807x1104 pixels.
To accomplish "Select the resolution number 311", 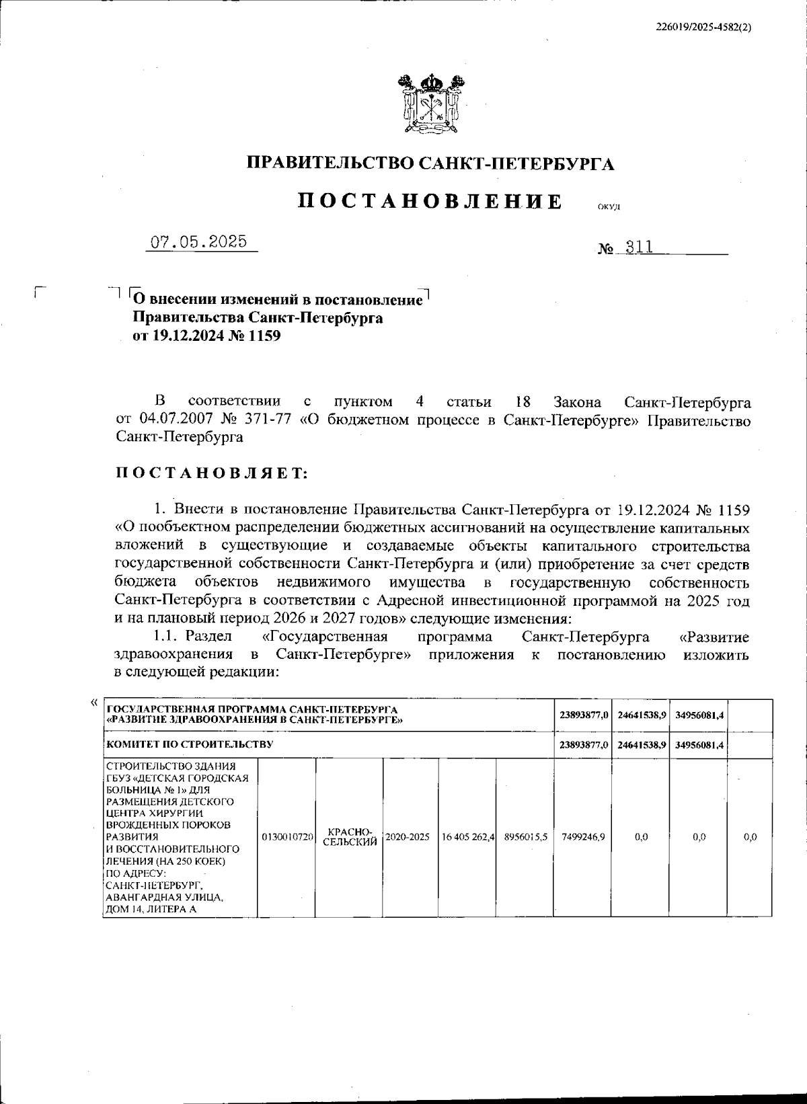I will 639,247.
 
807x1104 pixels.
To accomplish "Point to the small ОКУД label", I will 608,207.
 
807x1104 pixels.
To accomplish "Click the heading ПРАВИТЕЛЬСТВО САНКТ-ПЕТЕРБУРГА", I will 430,163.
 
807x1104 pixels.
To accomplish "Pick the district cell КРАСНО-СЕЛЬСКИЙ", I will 350,837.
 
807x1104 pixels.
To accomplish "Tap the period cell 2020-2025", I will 408,837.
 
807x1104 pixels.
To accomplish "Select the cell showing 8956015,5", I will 526,837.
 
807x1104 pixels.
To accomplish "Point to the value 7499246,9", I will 582,837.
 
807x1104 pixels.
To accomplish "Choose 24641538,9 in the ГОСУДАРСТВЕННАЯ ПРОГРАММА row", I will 641,715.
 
